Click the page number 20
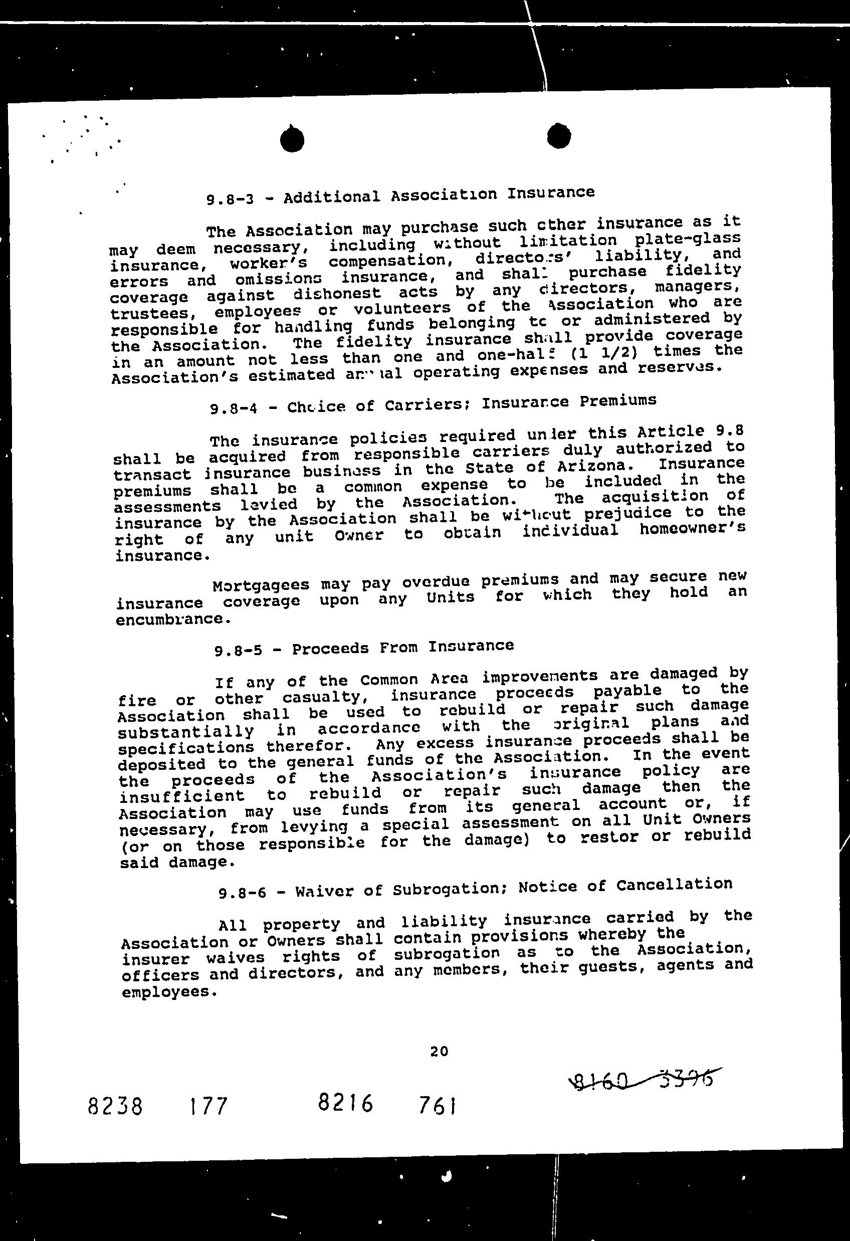439,1051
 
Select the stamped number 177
207,1106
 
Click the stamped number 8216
345,1102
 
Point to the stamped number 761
437,1104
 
